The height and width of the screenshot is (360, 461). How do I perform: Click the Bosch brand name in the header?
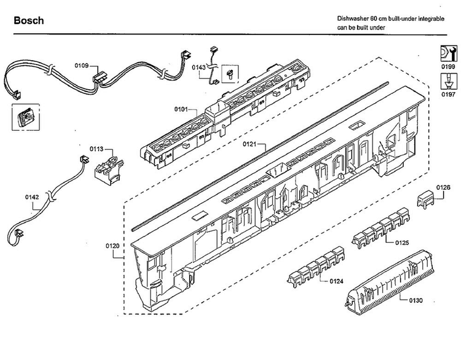[x=29, y=21]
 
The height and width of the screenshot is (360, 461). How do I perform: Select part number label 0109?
[x=82, y=65]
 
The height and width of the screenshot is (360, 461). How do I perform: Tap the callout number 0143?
[x=199, y=68]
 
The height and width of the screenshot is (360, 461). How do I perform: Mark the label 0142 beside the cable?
[x=32, y=197]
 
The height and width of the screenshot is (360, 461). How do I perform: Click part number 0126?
[x=443, y=187]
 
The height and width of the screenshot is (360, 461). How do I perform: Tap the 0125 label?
[x=401, y=243]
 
